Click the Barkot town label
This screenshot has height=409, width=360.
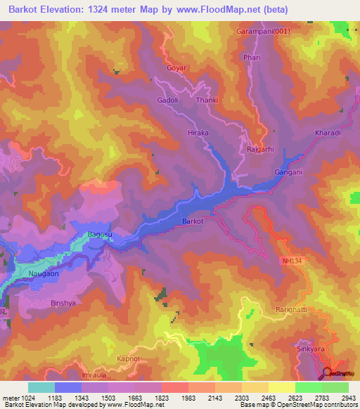(193, 221)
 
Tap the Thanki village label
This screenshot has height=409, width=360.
(207, 100)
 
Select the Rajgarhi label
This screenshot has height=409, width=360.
(262, 149)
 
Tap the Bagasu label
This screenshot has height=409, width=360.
(100, 235)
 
